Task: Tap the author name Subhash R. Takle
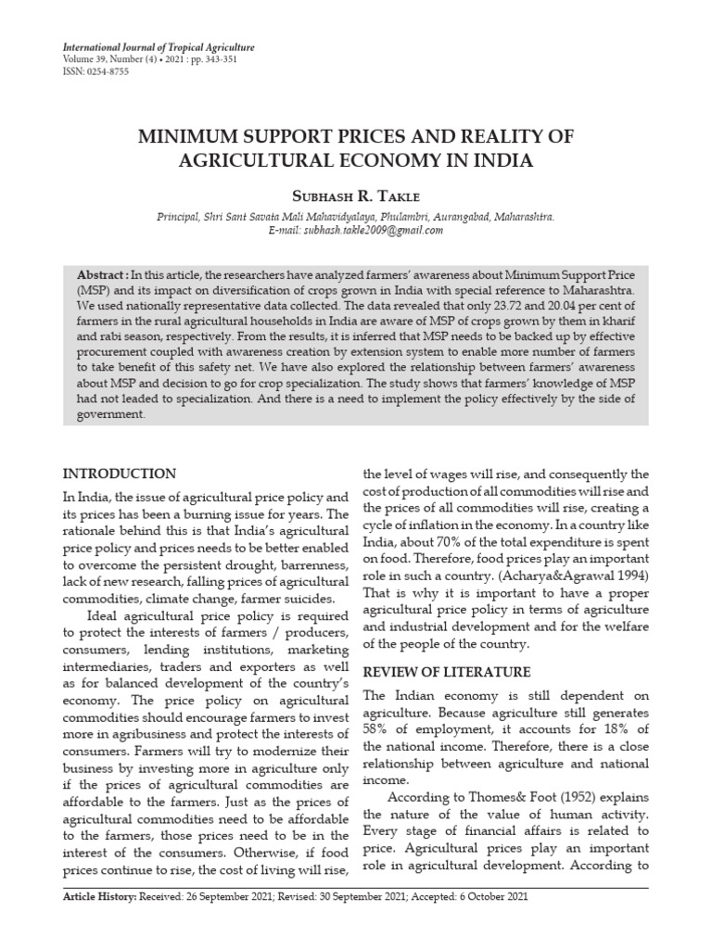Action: click(355, 196)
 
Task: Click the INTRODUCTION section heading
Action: click(118, 474)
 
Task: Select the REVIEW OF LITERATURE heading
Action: click(446, 672)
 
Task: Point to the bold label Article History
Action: click(99, 925)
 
